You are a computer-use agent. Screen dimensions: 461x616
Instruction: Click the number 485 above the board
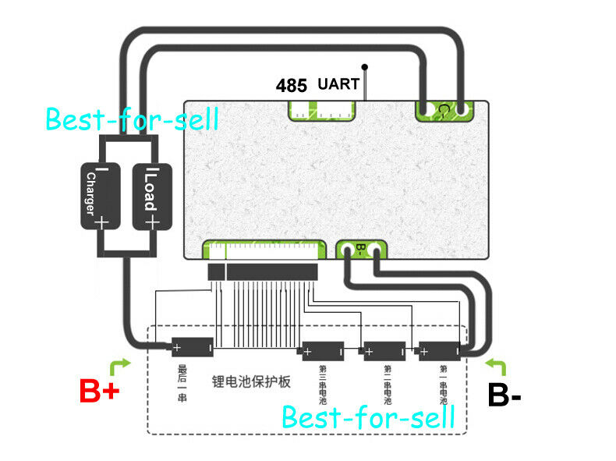(x=292, y=86)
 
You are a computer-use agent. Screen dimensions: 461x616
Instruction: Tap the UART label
(x=338, y=84)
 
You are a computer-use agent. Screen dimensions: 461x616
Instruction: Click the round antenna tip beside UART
(x=365, y=67)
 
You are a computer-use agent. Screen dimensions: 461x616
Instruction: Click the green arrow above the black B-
(x=497, y=366)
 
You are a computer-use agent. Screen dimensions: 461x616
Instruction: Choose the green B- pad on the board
(x=360, y=250)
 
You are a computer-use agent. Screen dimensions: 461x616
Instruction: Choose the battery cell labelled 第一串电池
(x=441, y=350)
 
